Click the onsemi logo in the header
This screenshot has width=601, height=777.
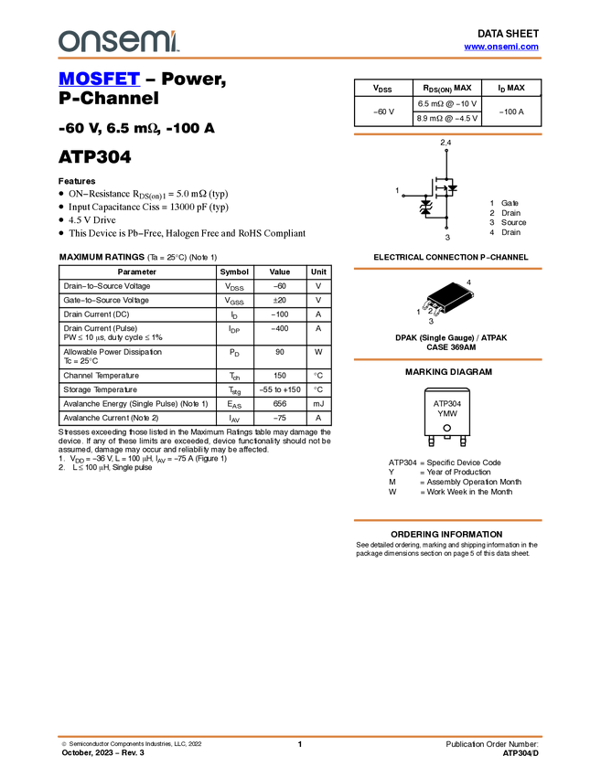point(118,41)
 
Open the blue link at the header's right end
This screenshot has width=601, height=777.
point(500,47)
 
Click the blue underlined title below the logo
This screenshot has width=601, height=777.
point(99,80)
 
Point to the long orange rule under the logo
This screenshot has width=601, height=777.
point(300,59)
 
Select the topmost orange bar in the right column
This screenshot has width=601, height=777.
point(447,134)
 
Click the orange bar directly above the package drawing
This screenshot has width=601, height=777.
point(447,269)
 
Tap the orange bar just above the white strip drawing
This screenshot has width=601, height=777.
point(447,359)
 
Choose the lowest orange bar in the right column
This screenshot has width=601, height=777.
point(447,520)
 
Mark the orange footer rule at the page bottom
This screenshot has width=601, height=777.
point(300,736)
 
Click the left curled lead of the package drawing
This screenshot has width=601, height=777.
point(426,305)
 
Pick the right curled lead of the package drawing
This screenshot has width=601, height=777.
point(440,313)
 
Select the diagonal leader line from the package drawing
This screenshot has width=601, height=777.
point(456,299)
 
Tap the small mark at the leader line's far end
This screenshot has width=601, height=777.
point(472,293)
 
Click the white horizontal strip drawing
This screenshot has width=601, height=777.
point(447,389)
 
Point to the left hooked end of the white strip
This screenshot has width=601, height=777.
point(425,389)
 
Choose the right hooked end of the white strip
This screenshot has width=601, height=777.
point(469,389)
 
